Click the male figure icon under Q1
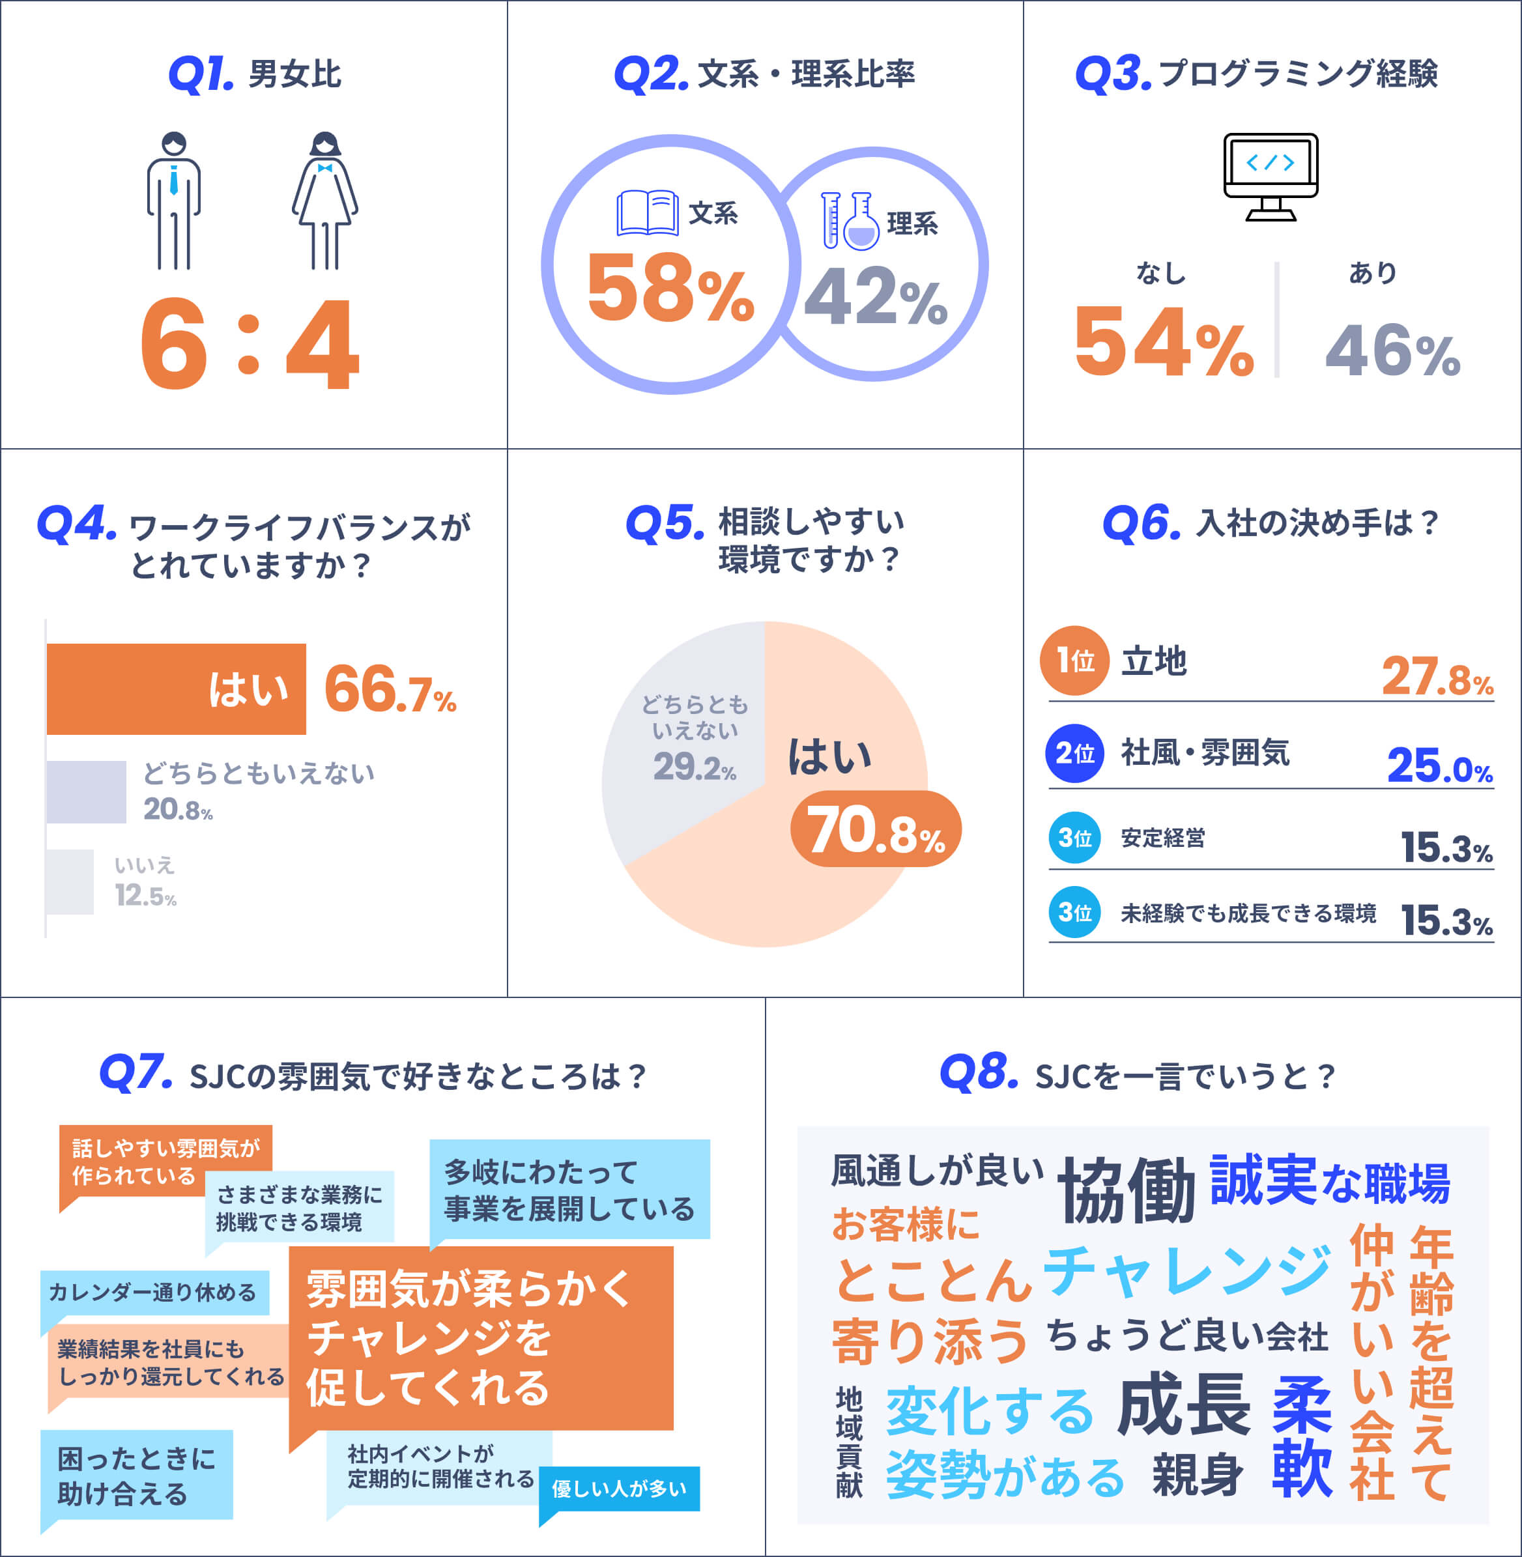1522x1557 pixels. [173, 201]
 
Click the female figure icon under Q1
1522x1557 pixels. [324, 201]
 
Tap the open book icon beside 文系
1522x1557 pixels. [648, 212]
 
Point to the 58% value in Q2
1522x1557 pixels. [670, 288]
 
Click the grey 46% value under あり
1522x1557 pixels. [1393, 350]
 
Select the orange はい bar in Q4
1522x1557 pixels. [176, 689]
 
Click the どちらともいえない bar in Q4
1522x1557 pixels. [87, 792]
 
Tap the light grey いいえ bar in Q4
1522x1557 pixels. [70, 881]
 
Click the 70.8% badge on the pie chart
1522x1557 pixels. [876, 829]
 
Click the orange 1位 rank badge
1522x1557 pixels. [1074, 660]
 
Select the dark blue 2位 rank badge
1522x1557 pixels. [1074, 753]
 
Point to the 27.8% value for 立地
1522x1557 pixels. [1437, 676]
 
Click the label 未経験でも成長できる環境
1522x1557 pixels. [1248, 913]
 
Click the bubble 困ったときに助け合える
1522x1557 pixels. [137, 1476]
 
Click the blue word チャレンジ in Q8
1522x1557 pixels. [1187, 1271]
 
